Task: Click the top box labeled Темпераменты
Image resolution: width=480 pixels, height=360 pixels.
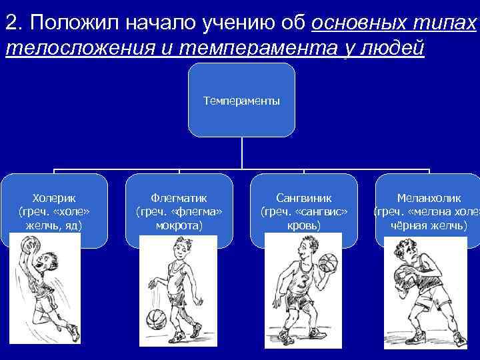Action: coord(241,101)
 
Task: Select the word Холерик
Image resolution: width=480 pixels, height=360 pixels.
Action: coord(54,198)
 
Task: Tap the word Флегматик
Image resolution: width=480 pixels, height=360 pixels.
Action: coord(179,198)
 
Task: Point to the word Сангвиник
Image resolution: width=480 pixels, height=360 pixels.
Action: coord(303,198)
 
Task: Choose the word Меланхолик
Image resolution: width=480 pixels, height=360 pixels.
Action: coord(429,198)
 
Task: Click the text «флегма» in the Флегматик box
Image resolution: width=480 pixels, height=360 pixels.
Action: coord(197,212)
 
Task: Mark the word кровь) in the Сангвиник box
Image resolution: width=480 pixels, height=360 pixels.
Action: coord(303,226)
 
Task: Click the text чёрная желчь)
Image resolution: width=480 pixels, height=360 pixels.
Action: coord(429,226)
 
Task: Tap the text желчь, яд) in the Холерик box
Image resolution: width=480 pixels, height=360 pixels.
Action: coord(54,226)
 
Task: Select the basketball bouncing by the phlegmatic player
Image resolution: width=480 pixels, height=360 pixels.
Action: coord(155,319)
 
